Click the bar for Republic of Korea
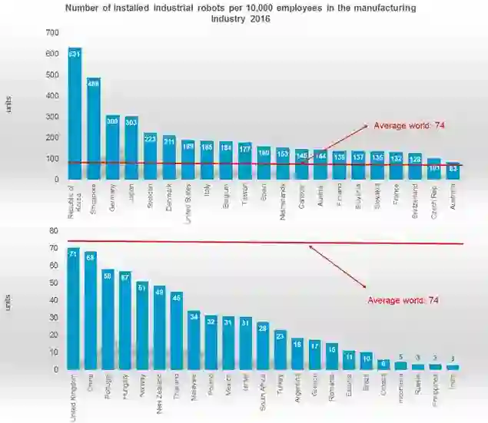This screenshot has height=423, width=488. pos(75,115)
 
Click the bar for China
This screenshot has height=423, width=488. pos(91,311)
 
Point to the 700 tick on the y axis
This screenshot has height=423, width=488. pos(51,33)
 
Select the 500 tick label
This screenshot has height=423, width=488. pos(51,75)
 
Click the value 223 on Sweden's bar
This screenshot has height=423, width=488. pos(151,139)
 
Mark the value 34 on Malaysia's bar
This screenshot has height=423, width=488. pos(194,315)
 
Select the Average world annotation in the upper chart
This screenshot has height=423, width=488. pos(410,125)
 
